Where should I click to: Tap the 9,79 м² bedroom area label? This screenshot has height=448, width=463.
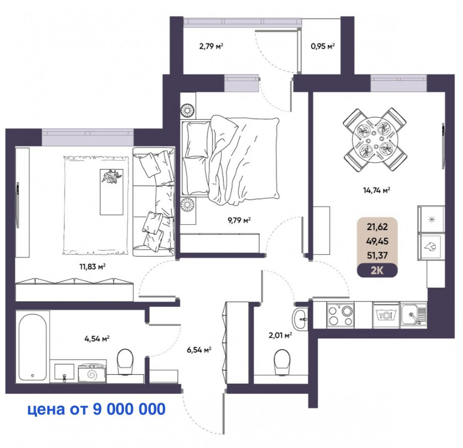click(238, 220)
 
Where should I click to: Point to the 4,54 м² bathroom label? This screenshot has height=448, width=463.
click(96, 339)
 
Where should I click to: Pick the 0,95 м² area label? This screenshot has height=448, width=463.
click(323, 46)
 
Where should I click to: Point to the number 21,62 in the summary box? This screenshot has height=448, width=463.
click(377, 226)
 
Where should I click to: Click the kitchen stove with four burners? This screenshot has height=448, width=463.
click(341, 315)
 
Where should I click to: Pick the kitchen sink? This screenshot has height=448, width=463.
click(413, 315)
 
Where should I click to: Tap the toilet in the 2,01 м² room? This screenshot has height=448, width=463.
click(282, 360)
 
